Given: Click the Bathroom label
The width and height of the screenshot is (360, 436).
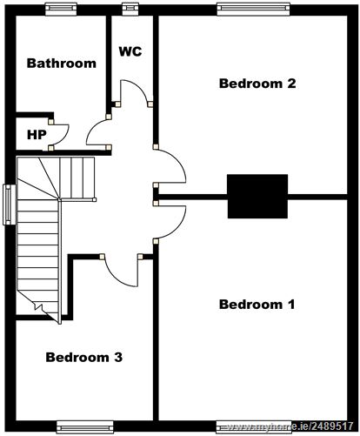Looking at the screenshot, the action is (62, 63).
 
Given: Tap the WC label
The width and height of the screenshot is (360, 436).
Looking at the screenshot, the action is (130, 51).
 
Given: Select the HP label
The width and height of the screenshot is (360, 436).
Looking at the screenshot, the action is (37, 135).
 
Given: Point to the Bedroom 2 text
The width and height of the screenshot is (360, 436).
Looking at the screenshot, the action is (257, 84).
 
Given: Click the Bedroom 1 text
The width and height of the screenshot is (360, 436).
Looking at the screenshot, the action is (257, 305).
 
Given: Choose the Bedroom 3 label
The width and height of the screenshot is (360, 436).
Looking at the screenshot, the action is (84, 357).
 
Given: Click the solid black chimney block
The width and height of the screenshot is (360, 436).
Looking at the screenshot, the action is (257, 196).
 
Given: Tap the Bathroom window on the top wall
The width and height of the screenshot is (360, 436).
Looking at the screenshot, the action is (61, 9).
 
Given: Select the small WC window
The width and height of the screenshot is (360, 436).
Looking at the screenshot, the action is (130, 9).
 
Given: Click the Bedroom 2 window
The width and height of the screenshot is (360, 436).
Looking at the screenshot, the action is (254, 9).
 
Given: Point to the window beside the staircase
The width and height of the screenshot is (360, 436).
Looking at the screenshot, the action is (10, 205).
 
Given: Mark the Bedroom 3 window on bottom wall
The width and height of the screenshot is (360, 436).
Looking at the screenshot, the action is (85, 427).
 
